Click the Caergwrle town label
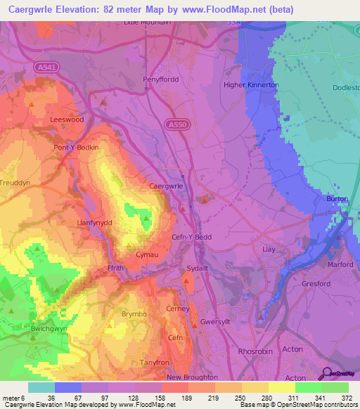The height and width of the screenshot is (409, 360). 167,186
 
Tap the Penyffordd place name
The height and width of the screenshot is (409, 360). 162,79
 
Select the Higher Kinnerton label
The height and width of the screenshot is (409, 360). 251,85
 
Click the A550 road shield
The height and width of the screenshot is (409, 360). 177,124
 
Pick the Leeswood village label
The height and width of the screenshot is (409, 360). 67,119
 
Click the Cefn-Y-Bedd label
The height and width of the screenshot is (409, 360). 192,237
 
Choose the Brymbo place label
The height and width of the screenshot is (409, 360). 136,313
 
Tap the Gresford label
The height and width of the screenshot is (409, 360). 316,284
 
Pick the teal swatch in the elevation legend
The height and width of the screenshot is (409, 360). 41,387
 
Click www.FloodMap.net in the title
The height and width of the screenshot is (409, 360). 229,10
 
